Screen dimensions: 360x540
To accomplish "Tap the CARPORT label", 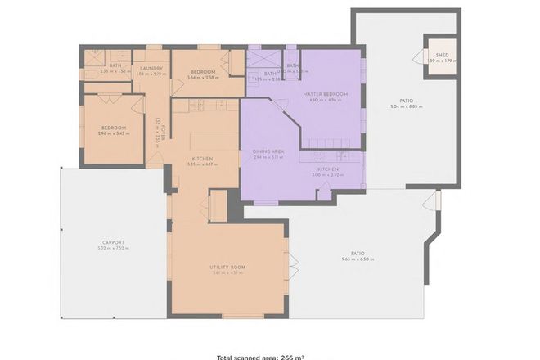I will [113, 242].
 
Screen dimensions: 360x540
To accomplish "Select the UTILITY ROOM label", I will [228, 268].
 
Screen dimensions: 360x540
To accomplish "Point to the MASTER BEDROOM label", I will [325, 95].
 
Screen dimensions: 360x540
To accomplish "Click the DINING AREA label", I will [268, 151].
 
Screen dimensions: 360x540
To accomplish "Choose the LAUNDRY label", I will [152, 68].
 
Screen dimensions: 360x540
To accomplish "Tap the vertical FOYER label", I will [163, 132].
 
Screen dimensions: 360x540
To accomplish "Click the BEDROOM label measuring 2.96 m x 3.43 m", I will [113, 128].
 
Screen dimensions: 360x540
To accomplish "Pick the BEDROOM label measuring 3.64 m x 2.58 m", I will [202, 72].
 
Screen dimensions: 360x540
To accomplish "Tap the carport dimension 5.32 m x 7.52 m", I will [113, 248].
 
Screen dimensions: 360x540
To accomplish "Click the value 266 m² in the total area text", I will [292, 357].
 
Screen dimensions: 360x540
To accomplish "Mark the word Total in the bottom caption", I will [228, 357].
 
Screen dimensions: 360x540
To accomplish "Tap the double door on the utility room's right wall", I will [294, 266].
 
